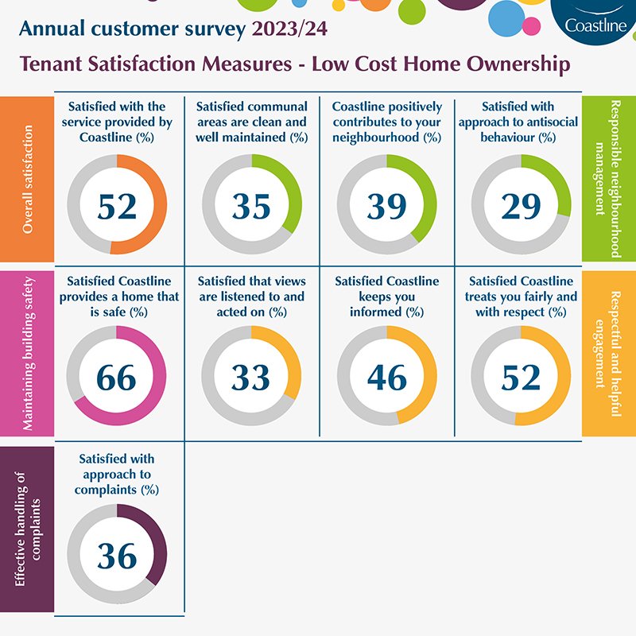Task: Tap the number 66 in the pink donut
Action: [x=117, y=378]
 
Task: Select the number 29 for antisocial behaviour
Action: [x=522, y=206]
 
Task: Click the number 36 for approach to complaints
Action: [x=117, y=556]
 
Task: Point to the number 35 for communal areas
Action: [x=252, y=206]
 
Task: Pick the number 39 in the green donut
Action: [x=387, y=206]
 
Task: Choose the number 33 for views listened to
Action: [x=252, y=378]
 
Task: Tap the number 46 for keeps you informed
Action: [x=387, y=378]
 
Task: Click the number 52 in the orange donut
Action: [x=117, y=206]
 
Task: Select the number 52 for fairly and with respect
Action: [x=522, y=378]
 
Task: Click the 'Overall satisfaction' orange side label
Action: [x=27, y=179]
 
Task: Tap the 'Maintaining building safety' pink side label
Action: [x=27, y=353]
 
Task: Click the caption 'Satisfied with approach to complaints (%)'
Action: [x=117, y=475]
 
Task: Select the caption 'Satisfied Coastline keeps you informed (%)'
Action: [x=387, y=297]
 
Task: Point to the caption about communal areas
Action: [x=252, y=122]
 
